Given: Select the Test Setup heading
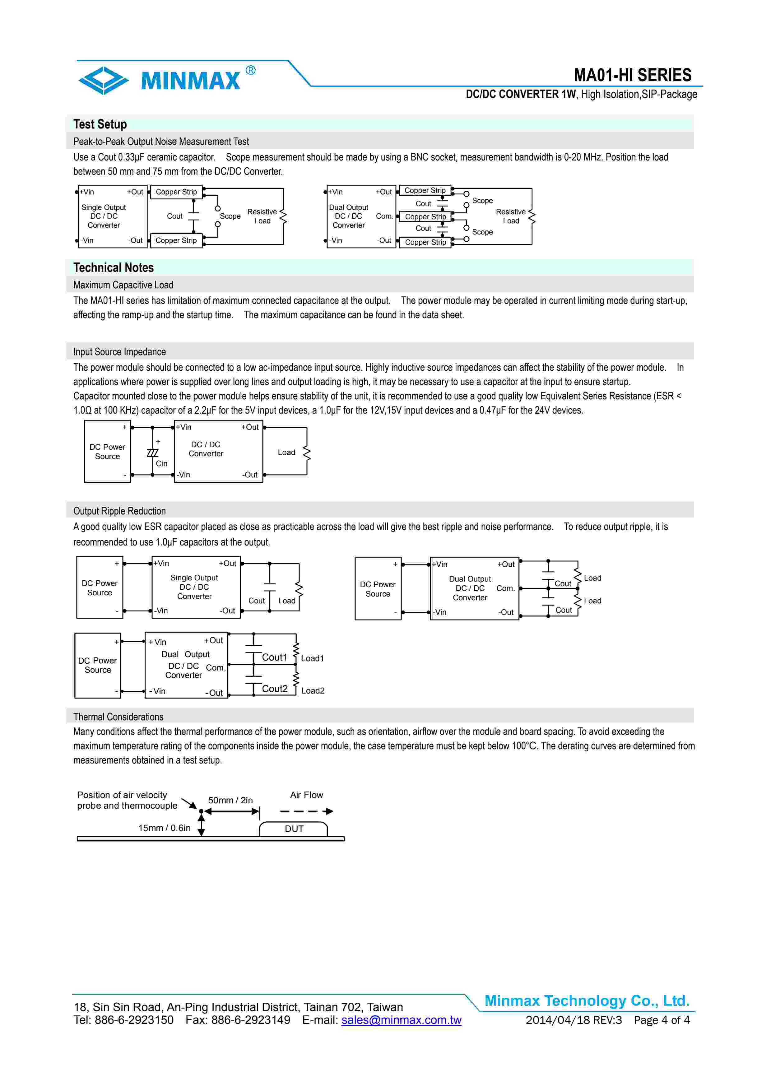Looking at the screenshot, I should (x=100, y=124).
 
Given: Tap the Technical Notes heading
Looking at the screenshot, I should (x=113, y=267).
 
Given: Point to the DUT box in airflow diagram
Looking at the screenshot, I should (x=294, y=829).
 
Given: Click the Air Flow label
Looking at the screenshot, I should (x=306, y=795).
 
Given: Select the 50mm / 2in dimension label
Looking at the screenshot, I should (x=230, y=800).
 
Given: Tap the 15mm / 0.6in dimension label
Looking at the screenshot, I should (x=164, y=828).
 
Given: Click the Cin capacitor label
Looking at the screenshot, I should (x=161, y=463).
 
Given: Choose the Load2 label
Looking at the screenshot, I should (x=313, y=690).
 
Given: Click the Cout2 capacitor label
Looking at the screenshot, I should (x=275, y=689).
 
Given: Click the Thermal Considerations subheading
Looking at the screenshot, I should (x=118, y=717).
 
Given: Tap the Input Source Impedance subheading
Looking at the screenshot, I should (x=119, y=352).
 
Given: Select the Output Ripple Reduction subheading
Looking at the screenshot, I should (x=119, y=511).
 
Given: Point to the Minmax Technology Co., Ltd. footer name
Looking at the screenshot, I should (x=587, y=1001).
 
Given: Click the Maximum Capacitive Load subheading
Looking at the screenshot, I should (x=123, y=285).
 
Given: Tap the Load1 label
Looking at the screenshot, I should (x=312, y=658).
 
